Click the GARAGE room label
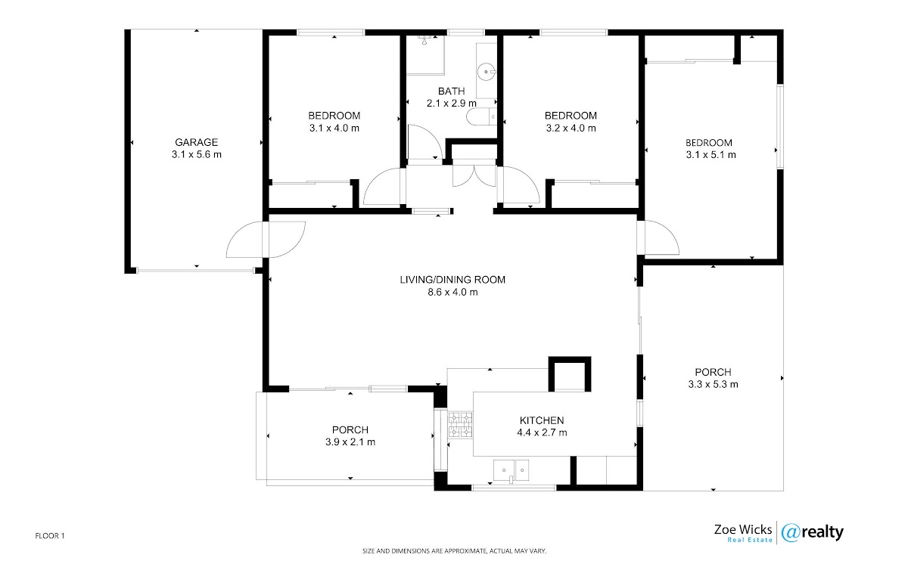point(196,142)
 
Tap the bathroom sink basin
point(487,73)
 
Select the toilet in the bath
point(481,117)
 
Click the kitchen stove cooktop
point(460,425)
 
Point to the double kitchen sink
point(512,470)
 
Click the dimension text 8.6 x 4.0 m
point(452,292)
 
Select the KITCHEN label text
point(542,420)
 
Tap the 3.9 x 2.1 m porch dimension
point(350,442)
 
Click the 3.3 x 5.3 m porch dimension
point(713,384)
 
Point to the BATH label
point(451,91)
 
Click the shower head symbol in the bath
point(424,40)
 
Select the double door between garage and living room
point(266,240)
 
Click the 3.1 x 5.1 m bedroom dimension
point(711,155)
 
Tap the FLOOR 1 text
point(50,536)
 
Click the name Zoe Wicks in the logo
point(742,529)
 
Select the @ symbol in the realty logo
point(790,533)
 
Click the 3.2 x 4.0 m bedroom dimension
point(571,129)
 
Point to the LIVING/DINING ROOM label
point(452,280)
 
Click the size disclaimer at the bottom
point(455,551)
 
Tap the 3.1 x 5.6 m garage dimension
point(196,154)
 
